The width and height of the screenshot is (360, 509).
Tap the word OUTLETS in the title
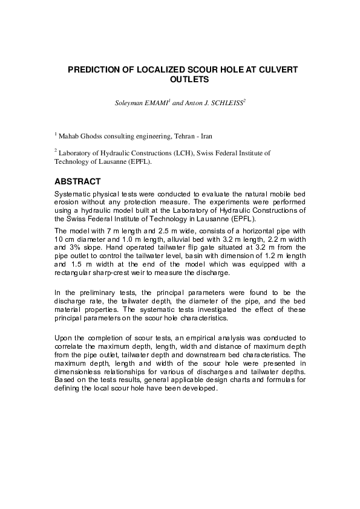180,79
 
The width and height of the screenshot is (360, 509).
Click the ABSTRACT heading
77,181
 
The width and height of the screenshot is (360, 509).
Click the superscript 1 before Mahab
56,134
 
